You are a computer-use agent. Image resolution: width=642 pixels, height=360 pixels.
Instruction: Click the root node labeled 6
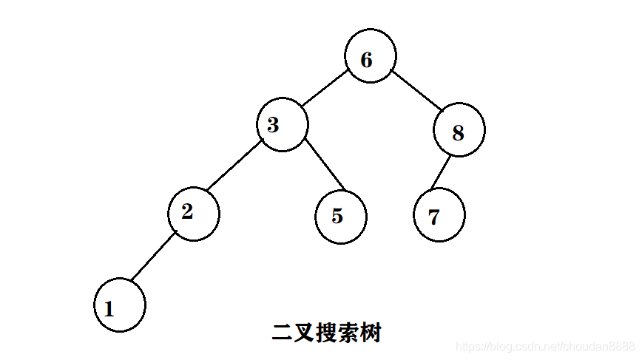(x=370, y=55)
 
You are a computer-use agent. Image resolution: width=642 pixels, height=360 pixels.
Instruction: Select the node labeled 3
(x=282, y=125)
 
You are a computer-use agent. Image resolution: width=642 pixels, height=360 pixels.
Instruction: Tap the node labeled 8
(x=459, y=130)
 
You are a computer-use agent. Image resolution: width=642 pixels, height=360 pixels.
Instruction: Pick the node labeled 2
(x=193, y=214)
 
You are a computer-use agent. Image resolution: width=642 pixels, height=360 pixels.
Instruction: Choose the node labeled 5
(x=340, y=217)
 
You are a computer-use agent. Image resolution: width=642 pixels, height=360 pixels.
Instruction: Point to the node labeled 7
(x=439, y=216)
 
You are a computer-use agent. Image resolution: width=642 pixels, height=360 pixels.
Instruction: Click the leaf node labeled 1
(x=120, y=305)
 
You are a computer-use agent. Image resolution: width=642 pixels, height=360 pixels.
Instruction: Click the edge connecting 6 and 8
(x=416, y=91)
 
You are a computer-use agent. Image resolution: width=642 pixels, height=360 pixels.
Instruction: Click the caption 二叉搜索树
(x=326, y=333)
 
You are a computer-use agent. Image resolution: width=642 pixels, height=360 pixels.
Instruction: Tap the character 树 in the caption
(x=371, y=333)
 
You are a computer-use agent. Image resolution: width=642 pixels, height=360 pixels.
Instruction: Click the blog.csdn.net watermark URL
(x=546, y=346)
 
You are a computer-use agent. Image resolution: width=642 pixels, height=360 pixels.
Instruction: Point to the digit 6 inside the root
(x=366, y=60)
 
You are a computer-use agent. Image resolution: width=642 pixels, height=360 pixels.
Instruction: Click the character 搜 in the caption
(x=326, y=333)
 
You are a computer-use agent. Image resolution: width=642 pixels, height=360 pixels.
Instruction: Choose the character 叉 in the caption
(x=304, y=333)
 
